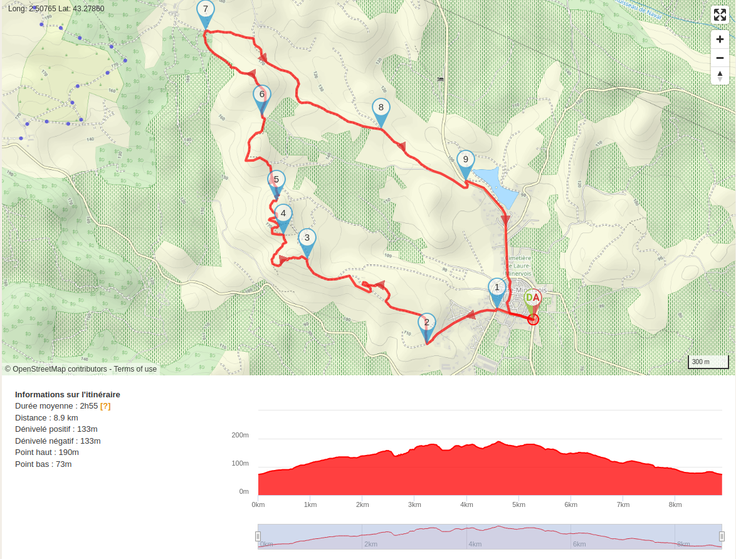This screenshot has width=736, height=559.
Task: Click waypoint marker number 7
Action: click(x=205, y=11)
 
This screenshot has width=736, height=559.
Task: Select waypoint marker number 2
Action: click(x=426, y=324)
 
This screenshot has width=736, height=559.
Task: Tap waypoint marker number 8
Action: click(x=381, y=108)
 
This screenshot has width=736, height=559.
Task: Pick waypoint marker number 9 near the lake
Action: click(x=465, y=160)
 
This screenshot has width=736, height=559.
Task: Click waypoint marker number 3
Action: click(x=307, y=239)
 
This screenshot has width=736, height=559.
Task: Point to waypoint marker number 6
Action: click(x=262, y=96)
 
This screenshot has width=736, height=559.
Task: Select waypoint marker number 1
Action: click(x=497, y=288)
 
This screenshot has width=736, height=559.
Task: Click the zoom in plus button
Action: click(x=720, y=39)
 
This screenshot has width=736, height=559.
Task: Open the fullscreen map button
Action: click(x=720, y=15)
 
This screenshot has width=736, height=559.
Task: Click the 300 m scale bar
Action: click(x=708, y=362)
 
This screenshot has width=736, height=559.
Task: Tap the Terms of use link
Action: click(x=135, y=369)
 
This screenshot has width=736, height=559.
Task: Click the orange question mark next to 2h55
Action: click(x=105, y=406)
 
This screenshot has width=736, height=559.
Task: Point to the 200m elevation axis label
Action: click(x=240, y=435)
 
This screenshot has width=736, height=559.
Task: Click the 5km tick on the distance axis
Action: click(x=518, y=504)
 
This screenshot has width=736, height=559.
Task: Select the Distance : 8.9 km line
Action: click(x=46, y=418)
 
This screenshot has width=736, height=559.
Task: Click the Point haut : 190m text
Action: click(x=47, y=452)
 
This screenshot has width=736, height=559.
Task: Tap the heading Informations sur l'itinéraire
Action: click(x=68, y=395)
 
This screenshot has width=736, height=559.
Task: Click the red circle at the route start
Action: click(x=533, y=320)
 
